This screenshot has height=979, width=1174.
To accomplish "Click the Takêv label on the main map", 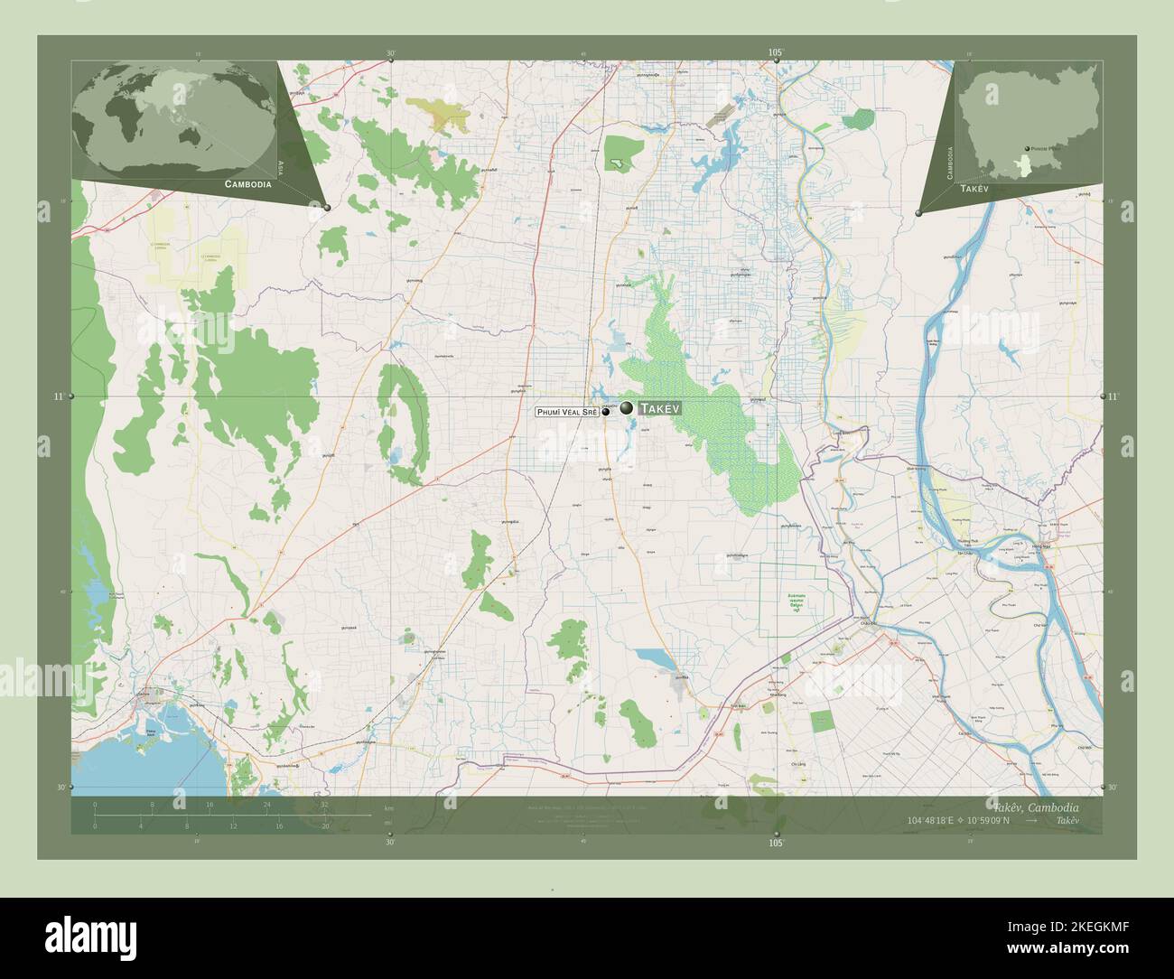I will click(x=659, y=409).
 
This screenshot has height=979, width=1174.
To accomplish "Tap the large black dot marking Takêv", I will click(x=626, y=408).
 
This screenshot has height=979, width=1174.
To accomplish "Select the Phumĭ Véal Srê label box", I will click(x=567, y=412).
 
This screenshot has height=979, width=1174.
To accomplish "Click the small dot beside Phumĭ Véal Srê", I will click(x=606, y=412).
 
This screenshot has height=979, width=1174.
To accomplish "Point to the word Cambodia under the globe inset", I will click(x=247, y=183).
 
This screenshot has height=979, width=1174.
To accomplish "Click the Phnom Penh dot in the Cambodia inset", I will click(x=1027, y=150).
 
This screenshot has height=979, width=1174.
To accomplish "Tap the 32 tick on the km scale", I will click(x=323, y=804).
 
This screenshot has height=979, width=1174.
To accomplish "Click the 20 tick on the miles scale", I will click(x=323, y=825).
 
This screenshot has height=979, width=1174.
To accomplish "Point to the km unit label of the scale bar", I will click(x=389, y=807).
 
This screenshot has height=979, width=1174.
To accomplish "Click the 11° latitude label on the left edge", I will click(x=59, y=396).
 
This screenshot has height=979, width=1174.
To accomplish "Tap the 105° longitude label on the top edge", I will click(x=776, y=53).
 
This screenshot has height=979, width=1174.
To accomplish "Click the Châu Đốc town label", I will click(x=869, y=623).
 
